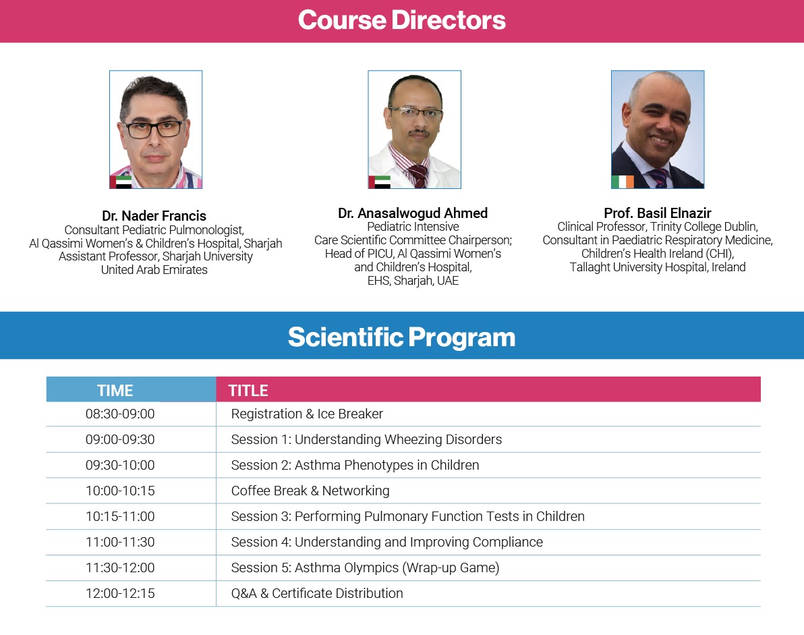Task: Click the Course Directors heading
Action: (x=401, y=20)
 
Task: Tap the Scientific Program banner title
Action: (x=401, y=337)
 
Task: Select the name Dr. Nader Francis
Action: (x=154, y=215)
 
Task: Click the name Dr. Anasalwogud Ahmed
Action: (x=413, y=213)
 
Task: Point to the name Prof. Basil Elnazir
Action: (x=658, y=213)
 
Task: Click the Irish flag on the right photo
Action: (x=623, y=182)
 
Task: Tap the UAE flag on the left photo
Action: (x=121, y=182)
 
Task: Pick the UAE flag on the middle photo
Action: (x=380, y=182)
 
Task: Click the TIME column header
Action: (x=115, y=390)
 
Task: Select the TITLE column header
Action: (x=248, y=390)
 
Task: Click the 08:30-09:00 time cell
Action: (x=120, y=414)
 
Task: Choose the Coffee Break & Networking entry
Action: (x=310, y=491)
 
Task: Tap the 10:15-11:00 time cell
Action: (x=120, y=516)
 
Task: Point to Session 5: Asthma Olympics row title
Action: (x=365, y=568)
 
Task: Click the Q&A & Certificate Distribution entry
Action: (x=317, y=593)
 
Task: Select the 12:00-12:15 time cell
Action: (x=120, y=593)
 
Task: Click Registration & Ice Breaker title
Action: (x=307, y=414)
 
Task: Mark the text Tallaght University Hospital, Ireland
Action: (x=658, y=267)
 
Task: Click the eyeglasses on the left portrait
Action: (x=154, y=129)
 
